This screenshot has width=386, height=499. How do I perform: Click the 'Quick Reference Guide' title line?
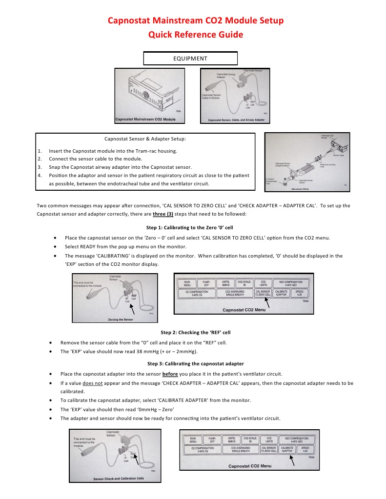(x=195, y=35)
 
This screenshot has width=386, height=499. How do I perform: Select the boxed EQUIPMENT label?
(x=190, y=59)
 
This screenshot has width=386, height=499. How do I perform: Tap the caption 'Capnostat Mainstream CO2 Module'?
(x=145, y=119)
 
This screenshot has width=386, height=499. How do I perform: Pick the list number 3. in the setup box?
(x=40, y=167)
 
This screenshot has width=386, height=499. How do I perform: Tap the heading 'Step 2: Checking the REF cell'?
(x=195, y=332)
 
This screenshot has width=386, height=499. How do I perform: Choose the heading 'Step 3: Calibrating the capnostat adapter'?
(x=195, y=364)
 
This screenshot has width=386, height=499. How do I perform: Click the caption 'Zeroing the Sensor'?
(x=121, y=319)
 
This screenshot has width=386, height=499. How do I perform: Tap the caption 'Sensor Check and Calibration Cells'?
(x=119, y=479)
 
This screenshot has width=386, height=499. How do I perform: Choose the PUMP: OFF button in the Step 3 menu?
(x=212, y=440)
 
